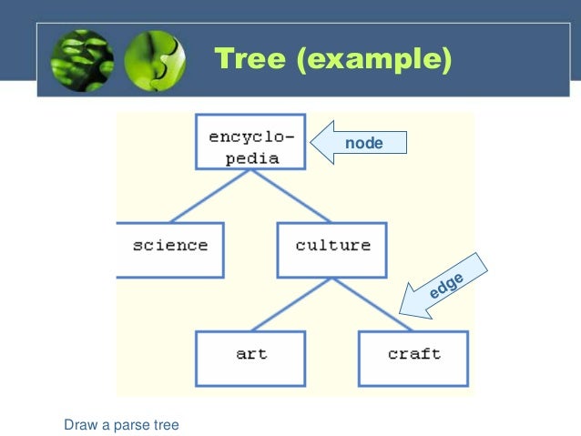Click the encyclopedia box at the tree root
pos(250,143)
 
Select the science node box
pos(170,248)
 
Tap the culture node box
pos(332,248)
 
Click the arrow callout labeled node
pos(359,144)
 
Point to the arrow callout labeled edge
pos(445,286)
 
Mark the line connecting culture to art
pos(291,304)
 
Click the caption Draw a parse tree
pos(121,424)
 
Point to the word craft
pos(413,354)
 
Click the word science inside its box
pos(170,245)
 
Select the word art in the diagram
pos(252,354)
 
